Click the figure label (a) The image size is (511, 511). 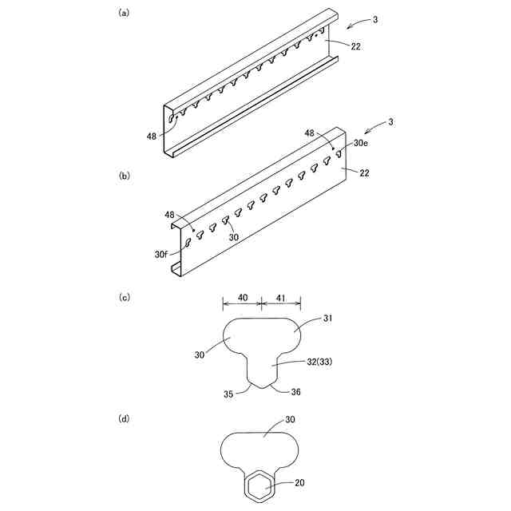point(124,14)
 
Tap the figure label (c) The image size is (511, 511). point(124,297)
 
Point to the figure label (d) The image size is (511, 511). point(124,418)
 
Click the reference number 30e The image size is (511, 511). point(360,143)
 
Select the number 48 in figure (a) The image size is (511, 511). point(152,137)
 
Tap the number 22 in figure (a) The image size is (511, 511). point(355,47)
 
